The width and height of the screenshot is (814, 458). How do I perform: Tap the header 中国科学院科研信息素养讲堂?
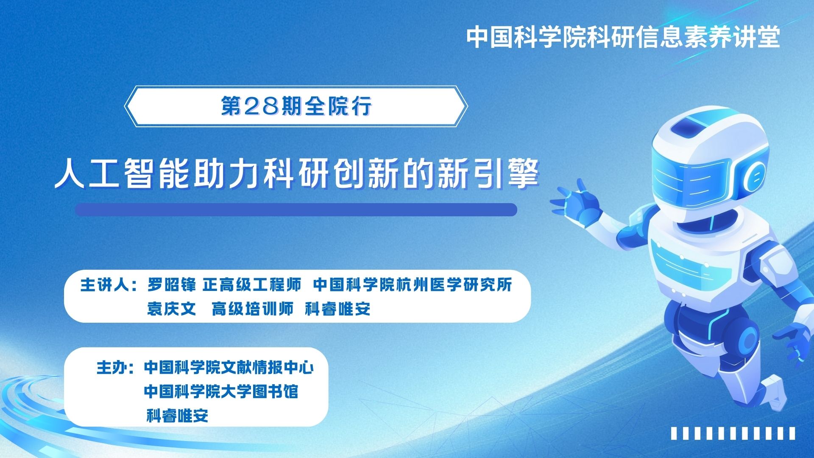(x=623, y=37)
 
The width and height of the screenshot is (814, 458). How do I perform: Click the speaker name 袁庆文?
(x=172, y=309)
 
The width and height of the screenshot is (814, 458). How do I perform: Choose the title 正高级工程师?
(x=252, y=285)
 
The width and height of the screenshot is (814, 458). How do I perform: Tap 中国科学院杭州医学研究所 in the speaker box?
(x=413, y=285)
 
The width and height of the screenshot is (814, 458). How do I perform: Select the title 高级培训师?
(x=252, y=309)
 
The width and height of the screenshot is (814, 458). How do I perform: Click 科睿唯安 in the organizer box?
(x=177, y=416)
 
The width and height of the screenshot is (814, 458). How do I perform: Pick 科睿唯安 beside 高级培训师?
(x=338, y=309)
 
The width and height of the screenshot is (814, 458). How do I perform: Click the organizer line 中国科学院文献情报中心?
(x=229, y=367)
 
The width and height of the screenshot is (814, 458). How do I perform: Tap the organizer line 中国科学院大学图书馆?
(x=221, y=391)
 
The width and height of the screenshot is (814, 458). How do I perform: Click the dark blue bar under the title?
(x=296, y=210)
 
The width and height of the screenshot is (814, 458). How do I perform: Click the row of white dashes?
(x=733, y=433)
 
